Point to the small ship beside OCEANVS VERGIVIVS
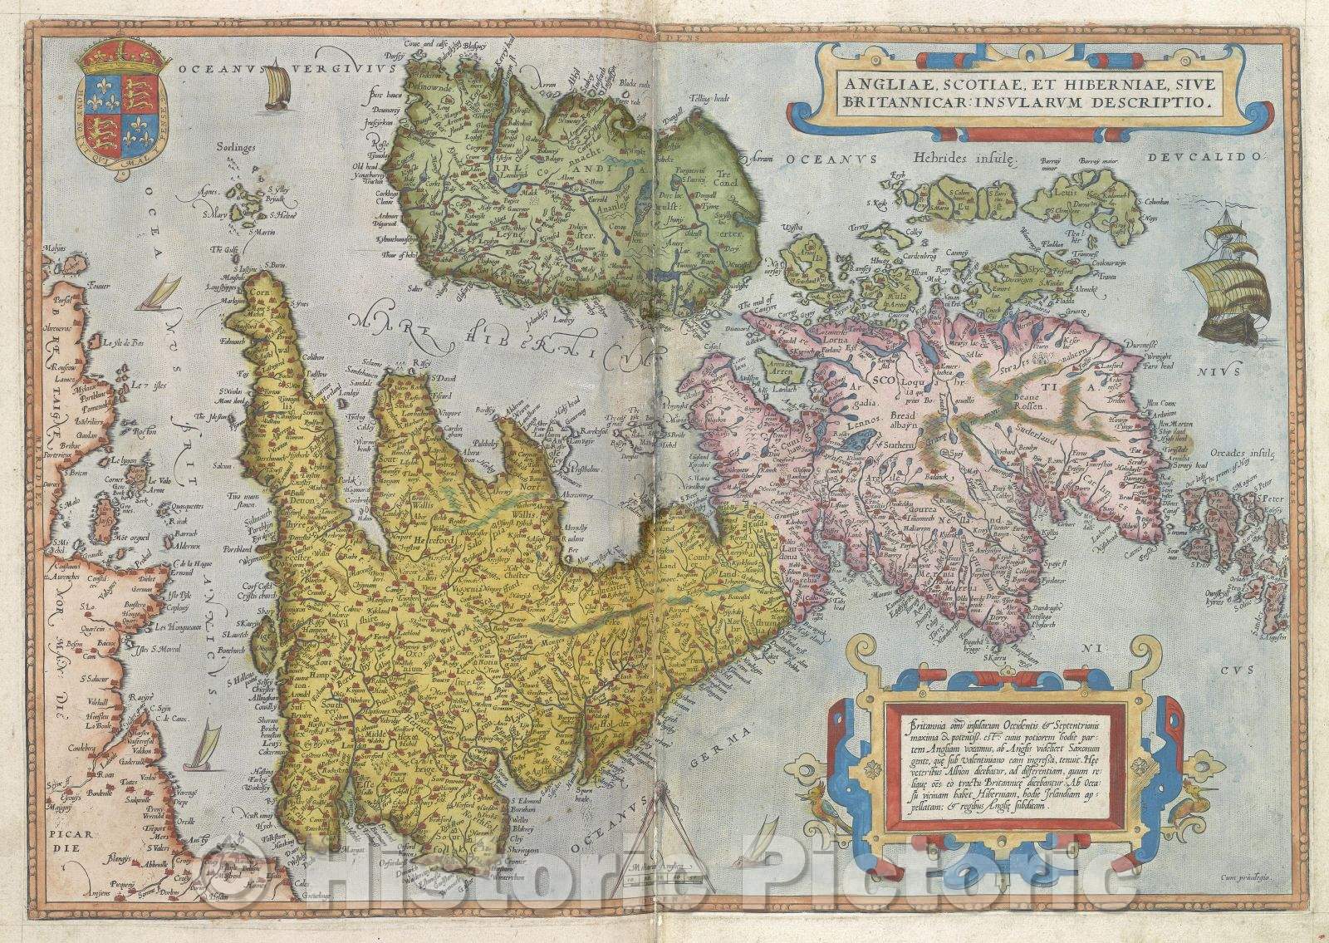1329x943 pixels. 278,86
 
